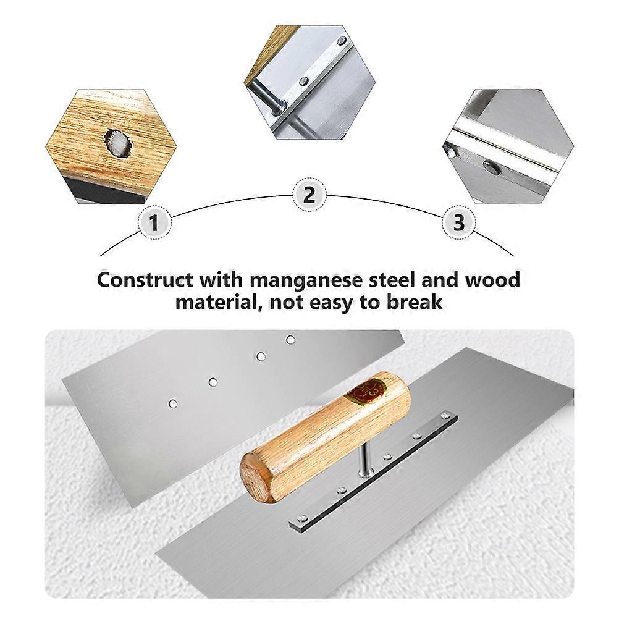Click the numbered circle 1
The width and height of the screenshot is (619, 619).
tap(154, 223)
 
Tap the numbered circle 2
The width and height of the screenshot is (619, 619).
tap(309, 195)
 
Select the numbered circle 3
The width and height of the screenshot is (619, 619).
tap(458, 223)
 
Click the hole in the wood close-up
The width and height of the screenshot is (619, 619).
tap(118, 144)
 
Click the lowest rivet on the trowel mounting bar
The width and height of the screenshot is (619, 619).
tap(302, 516)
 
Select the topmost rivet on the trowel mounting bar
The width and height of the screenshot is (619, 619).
tap(445, 415)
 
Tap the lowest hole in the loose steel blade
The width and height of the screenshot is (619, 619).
tap(172, 403)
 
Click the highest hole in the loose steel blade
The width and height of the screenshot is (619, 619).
tap(290, 340)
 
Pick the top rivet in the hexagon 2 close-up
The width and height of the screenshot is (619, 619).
tap(342, 40)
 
